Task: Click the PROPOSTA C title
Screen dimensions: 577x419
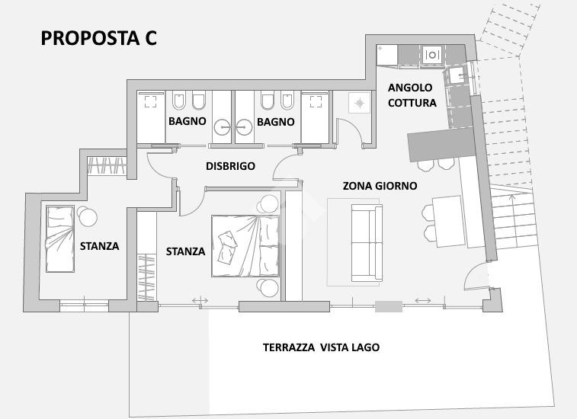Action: pos(98,38)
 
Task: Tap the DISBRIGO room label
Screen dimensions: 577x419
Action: pos(230,166)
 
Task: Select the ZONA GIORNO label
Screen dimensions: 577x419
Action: pos(380,186)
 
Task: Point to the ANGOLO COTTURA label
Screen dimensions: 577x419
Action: pos(412,95)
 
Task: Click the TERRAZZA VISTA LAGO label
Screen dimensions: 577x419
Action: pos(321,347)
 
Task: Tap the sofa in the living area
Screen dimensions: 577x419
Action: pos(367,243)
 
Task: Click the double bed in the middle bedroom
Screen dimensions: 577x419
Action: pos(245,246)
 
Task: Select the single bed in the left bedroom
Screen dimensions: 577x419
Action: pos(60,239)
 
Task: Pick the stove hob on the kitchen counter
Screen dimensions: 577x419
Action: pos(432,55)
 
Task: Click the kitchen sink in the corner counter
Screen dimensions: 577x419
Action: pos(458,75)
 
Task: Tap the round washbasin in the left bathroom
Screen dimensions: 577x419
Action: pos(223,128)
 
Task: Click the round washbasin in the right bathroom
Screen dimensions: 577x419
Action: pos(244,128)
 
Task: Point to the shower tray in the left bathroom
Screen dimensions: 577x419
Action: pos(151,117)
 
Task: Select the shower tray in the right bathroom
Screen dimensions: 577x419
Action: pos(315,117)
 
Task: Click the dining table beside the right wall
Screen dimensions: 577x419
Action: pos(449,222)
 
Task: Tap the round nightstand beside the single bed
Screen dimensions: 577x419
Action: pos(88,216)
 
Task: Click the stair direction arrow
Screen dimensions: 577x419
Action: pos(511,203)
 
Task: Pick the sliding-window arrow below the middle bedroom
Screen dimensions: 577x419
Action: pos(200,301)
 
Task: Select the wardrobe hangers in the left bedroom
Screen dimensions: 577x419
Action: pos(107,165)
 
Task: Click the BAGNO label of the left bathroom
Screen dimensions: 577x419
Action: pos(188,121)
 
